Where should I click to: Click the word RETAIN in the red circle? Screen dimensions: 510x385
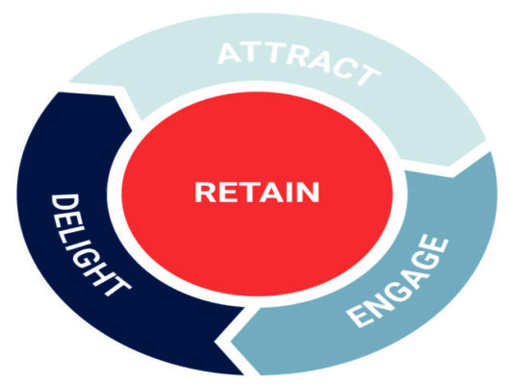point(257,192)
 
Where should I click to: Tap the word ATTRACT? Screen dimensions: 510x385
point(299,62)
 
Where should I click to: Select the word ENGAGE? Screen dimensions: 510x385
point(397,280)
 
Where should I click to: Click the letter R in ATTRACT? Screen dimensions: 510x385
point(300,58)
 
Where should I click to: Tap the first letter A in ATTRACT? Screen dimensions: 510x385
point(230,53)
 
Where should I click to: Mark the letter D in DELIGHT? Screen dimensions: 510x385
point(65,203)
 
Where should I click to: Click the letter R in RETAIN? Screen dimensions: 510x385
point(205,192)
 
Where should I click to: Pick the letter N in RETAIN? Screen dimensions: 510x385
point(309,192)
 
